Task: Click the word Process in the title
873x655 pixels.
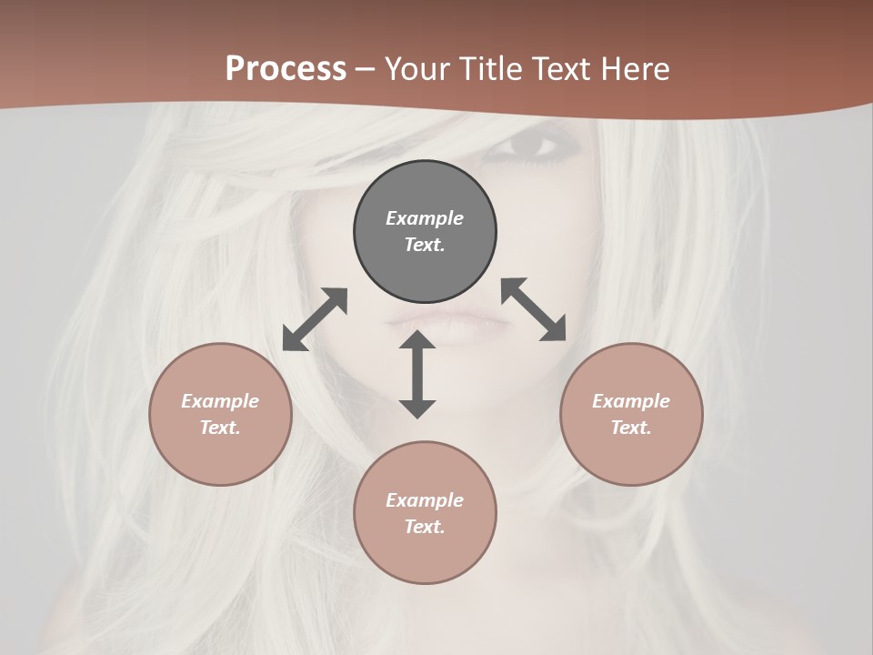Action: pos(286,69)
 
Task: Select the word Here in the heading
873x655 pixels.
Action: pos(636,69)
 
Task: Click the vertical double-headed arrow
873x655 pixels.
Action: pos(417,374)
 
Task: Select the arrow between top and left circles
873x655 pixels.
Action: pos(315,319)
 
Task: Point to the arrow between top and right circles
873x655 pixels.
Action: pos(534,309)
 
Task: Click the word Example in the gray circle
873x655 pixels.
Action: pos(425,218)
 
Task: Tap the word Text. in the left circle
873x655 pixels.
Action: pos(220,428)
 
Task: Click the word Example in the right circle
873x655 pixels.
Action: pos(631,401)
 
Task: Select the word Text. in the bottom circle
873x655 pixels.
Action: pos(425,527)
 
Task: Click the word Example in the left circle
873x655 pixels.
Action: pos(220,401)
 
